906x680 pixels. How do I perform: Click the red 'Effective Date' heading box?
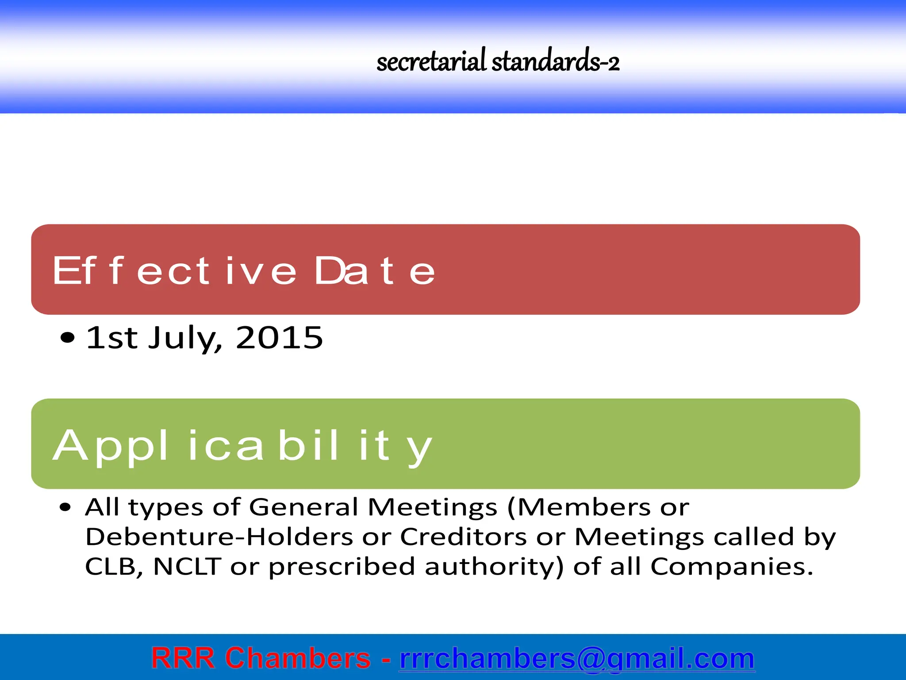tap(445, 270)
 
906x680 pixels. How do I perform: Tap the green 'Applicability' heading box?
tap(445, 444)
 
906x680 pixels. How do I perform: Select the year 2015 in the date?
tap(280, 338)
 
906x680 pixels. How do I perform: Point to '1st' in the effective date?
tap(111, 338)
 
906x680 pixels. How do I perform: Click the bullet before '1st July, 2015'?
tap(67, 338)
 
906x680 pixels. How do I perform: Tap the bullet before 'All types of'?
tap(65, 507)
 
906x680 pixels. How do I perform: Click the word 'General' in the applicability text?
tap(303, 507)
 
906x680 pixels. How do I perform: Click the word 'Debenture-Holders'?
tap(219, 537)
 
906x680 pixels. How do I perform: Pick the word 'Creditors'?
tap(463, 537)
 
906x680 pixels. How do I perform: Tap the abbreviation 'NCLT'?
tap(187, 567)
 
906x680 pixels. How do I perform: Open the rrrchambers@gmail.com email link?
tap(577, 658)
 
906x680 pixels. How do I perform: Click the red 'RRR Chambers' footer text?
tap(261, 658)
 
